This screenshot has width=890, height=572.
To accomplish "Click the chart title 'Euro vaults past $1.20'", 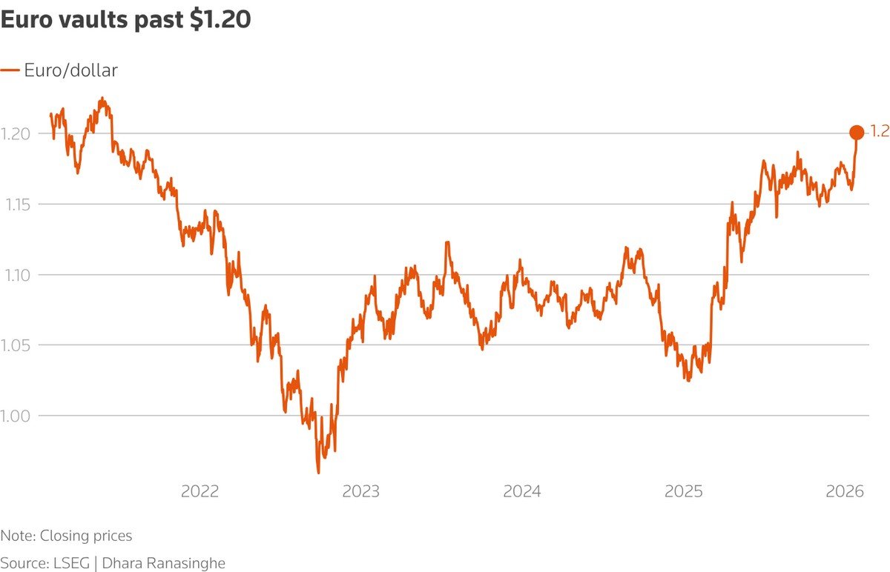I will click(x=125, y=21).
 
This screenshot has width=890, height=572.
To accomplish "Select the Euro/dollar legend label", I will click(x=71, y=70).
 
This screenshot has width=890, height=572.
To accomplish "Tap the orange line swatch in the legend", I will click(x=10, y=70).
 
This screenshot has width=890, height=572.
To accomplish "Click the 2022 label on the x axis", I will click(x=200, y=492).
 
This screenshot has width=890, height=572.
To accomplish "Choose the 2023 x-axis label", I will click(x=361, y=492).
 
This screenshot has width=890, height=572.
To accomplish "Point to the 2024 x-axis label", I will click(x=522, y=492).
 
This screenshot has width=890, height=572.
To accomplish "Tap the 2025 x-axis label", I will click(x=684, y=492).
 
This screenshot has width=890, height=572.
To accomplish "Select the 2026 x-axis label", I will click(x=845, y=492).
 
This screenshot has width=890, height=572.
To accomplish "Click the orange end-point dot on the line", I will click(x=856, y=133).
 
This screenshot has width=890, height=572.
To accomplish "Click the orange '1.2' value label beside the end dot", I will click(x=879, y=132).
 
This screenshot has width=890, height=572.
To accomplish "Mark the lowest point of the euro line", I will click(x=318, y=473).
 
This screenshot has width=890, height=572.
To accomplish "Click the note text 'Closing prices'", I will click(x=86, y=536).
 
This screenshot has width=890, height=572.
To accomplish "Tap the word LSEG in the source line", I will click(x=70, y=562).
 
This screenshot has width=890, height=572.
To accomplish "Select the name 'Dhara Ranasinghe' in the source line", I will click(x=163, y=562).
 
